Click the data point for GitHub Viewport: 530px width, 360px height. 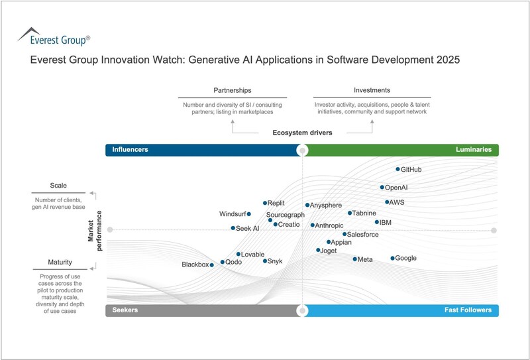pyautogui.click(x=398, y=169)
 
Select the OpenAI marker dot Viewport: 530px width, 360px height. pyautogui.click(x=382, y=188)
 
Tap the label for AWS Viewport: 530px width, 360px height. pyautogui.click(x=397, y=202)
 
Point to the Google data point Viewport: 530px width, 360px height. pyautogui.click(x=392, y=258)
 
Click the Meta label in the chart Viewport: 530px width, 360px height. pyautogui.click(x=365, y=259)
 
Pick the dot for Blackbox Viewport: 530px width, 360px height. pyautogui.click(x=211, y=265)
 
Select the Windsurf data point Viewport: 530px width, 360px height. pyautogui.click(x=248, y=214)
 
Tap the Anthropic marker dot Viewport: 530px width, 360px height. pyautogui.click(x=313, y=225)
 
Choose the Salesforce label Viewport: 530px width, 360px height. pyautogui.click(x=363, y=234)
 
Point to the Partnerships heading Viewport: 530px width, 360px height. pyautogui.click(x=232, y=90)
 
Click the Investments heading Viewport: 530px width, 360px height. pyautogui.click(x=372, y=90)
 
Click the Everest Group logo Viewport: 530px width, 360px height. pyautogui.click(x=53, y=36)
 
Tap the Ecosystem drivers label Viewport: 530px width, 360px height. pyautogui.click(x=302, y=133)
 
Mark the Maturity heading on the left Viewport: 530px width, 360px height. pyautogui.click(x=60, y=263)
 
